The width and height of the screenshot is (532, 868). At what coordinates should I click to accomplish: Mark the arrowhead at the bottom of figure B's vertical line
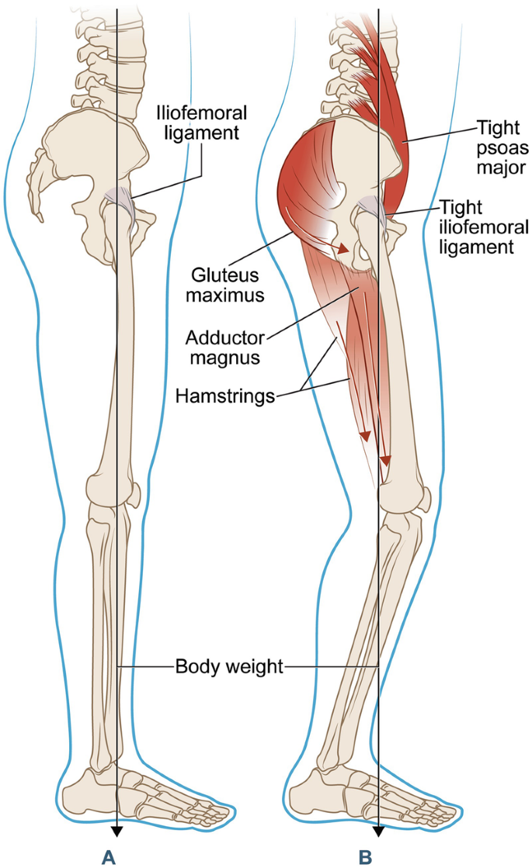378,832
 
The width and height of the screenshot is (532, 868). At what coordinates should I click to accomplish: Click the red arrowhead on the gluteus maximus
341,249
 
